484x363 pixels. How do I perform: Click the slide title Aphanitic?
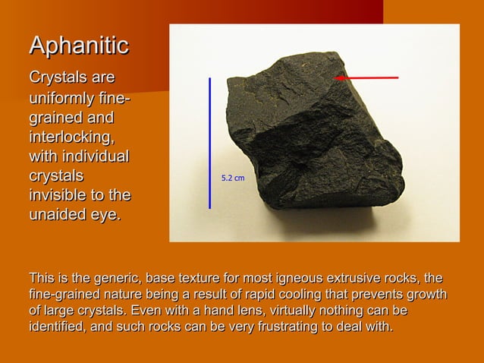(x=79, y=46)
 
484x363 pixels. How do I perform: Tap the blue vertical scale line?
(x=210, y=142)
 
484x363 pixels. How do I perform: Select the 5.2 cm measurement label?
(x=232, y=178)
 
